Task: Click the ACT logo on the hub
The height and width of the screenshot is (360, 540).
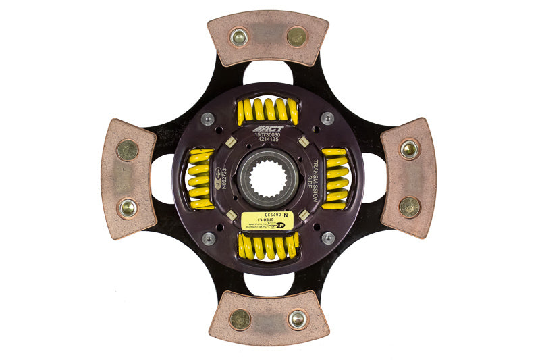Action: click(269, 128)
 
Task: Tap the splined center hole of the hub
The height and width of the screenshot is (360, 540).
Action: click(268, 179)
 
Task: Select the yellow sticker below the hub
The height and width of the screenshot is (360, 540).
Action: click(269, 220)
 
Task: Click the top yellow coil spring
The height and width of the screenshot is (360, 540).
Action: click(267, 109)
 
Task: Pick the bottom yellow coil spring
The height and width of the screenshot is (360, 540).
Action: click(267, 247)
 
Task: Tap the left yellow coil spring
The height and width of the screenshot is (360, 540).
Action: click(200, 179)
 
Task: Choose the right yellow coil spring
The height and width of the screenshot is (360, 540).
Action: click(335, 178)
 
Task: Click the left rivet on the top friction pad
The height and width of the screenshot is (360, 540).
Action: click(238, 37)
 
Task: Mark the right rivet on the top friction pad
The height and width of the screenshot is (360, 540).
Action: click(296, 37)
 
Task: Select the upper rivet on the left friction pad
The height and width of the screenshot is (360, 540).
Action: click(127, 150)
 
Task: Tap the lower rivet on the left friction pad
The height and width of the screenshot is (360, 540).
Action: click(127, 207)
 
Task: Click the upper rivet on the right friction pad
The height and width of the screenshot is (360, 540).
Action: click(409, 149)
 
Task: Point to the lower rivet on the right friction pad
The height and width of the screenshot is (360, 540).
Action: click(409, 207)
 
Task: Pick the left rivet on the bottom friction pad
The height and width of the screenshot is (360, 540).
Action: click(240, 319)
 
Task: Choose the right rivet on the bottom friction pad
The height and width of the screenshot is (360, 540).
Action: click(297, 319)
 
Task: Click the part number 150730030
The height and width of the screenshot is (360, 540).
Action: click(269, 136)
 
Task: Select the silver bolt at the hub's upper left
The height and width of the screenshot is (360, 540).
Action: click(209, 119)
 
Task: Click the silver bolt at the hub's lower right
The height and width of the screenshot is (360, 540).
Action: click(327, 238)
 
